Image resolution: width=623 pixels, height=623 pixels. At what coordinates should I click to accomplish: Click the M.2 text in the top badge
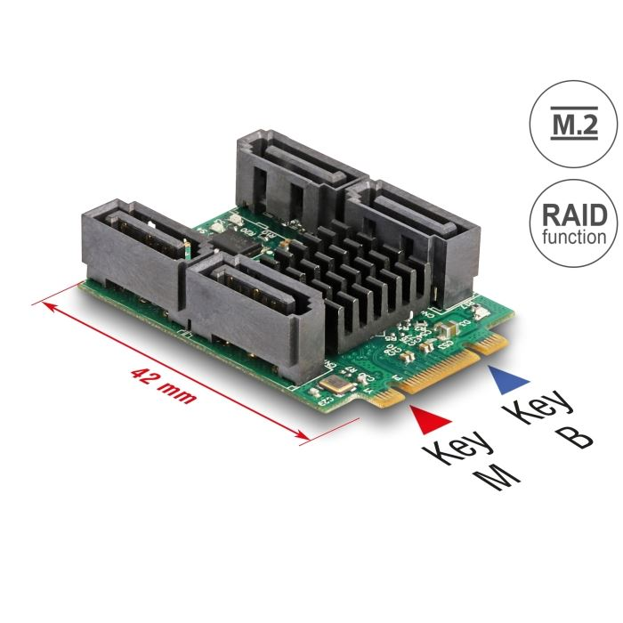(574, 124)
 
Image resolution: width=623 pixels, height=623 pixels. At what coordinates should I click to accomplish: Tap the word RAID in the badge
(574, 215)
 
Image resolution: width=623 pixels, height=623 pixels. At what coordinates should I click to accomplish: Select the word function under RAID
(574, 236)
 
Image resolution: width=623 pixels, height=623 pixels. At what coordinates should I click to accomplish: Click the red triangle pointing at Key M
(431, 419)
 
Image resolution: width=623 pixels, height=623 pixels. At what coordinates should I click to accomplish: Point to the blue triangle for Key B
(509, 379)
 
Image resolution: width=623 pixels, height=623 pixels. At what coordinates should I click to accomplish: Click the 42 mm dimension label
(163, 384)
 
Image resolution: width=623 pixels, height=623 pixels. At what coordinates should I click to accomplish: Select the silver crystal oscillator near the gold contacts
(336, 384)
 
